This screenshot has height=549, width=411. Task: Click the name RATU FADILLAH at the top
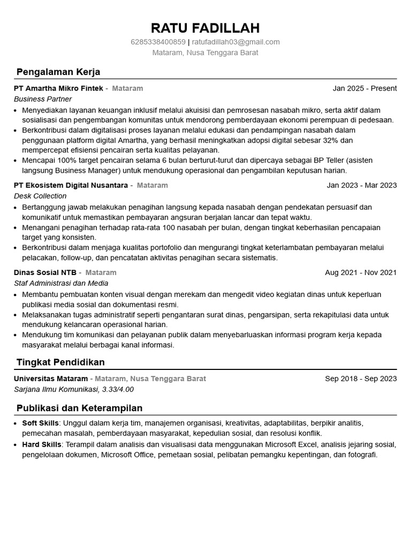(205, 28)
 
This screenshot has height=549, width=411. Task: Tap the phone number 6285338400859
(158, 42)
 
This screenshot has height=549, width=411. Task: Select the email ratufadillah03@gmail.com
(235, 42)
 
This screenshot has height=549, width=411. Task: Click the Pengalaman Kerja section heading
(58, 72)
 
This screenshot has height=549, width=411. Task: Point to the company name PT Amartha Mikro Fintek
(58, 88)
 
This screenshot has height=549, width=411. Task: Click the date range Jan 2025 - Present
(364, 88)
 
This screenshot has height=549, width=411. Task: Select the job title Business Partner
(43, 99)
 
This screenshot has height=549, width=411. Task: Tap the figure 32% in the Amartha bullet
(331, 140)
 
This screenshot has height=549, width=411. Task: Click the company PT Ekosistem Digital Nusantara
(71, 186)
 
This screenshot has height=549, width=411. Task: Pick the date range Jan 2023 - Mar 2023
(362, 186)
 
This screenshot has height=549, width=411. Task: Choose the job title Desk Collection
(40, 196)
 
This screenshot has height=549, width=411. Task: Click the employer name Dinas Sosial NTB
(45, 272)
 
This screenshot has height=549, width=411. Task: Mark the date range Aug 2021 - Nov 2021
(361, 272)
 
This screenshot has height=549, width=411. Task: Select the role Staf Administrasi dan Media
(61, 283)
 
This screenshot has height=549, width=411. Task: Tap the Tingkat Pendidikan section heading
(60, 362)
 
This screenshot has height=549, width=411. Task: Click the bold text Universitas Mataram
(51, 379)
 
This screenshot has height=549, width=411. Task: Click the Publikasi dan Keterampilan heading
(79, 408)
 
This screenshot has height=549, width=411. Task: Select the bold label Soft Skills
(40, 423)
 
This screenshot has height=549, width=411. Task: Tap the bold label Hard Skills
(42, 444)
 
